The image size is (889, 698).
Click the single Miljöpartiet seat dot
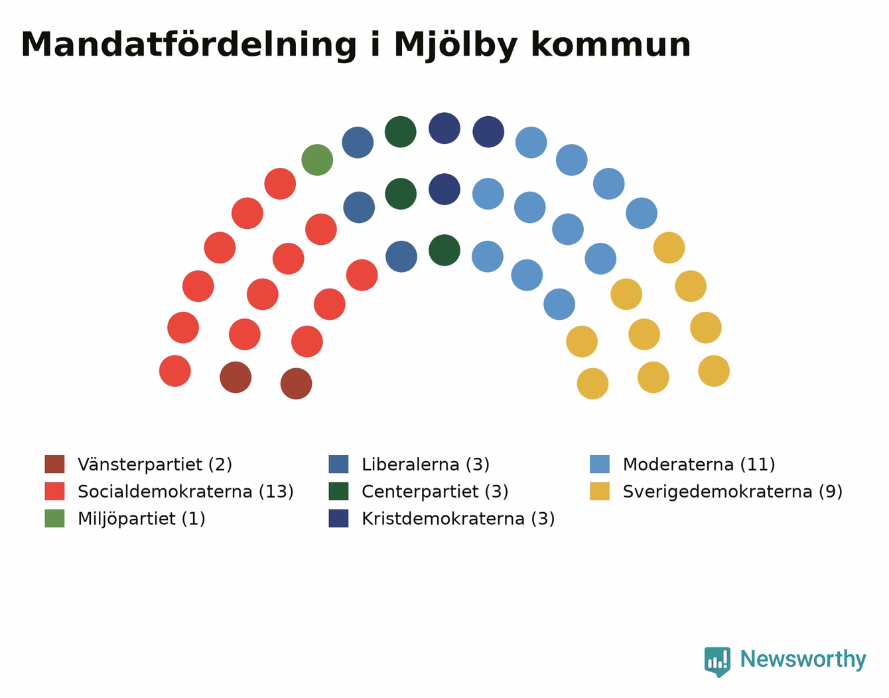coord(317,160)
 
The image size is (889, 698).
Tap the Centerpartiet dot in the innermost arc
coord(444,250)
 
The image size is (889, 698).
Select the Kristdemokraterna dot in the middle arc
coord(444,189)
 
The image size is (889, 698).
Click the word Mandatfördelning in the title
coord(188,45)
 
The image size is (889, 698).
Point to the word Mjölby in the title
coord(456,45)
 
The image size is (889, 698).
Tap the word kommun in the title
coord(611,45)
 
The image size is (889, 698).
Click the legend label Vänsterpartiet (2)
coord(155,464)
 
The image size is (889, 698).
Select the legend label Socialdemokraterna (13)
coord(186,492)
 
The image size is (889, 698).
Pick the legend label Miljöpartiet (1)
coord(141,518)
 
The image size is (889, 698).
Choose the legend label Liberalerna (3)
coord(425,464)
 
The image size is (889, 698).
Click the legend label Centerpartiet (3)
coord(435,492)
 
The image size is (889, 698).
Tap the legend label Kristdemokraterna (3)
coord(458,518)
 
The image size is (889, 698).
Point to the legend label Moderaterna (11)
coord(699,464)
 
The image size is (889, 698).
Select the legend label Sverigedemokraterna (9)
coord(732,492)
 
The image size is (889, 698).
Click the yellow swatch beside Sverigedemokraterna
coord(599,491)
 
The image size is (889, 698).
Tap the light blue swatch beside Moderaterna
coord(599,464)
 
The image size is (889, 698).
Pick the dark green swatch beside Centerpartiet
coord(338,491)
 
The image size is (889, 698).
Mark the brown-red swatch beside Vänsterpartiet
coord(54,464)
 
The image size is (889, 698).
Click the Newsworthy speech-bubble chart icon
coord(717,662)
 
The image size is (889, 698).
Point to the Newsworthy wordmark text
coord(803,660)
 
